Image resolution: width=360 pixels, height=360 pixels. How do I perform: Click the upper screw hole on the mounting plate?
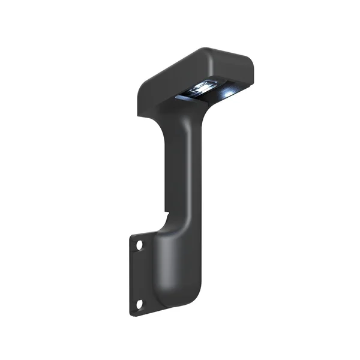coord(139,245)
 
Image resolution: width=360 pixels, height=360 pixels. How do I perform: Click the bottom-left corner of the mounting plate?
coord(129,314)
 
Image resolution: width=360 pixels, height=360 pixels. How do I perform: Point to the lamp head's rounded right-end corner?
coord(248,61)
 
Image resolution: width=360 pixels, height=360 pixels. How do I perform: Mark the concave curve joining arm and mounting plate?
coord(157,231)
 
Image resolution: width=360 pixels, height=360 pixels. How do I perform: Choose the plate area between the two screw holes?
coord(139,276)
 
